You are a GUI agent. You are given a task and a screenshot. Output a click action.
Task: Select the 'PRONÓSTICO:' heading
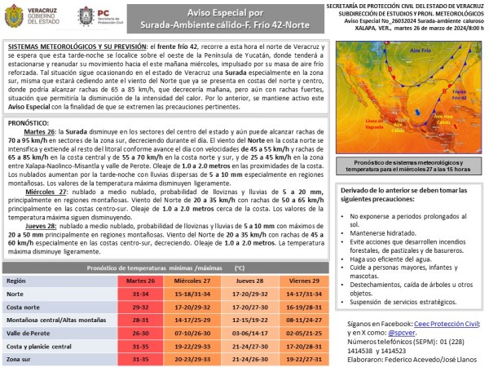tap(30, 122)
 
